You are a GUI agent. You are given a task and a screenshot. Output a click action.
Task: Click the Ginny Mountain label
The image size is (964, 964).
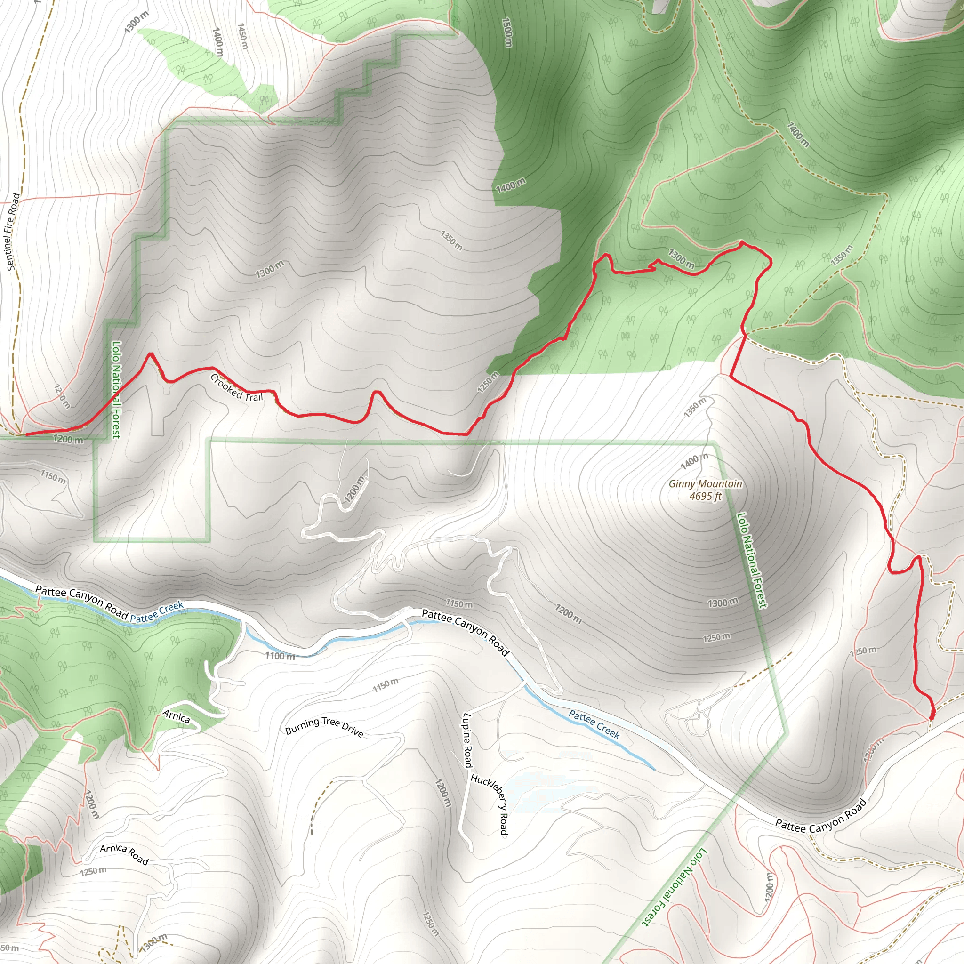click(x=705, y=483)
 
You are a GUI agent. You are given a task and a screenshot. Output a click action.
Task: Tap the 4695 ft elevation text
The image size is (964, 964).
click(x=705, y=496)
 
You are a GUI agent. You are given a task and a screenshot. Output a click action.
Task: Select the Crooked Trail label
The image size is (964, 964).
click(x=236, y=388)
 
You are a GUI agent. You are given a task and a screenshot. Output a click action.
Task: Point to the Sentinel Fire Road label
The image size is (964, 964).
click(x=13, y=232)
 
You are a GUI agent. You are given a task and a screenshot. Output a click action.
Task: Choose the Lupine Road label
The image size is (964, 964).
click(x=467, y=740)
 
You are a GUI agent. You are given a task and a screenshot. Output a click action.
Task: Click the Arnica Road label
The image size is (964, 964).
click(x=124, y=854)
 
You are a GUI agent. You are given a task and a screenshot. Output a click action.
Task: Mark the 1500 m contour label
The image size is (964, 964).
click(x=506, y=33)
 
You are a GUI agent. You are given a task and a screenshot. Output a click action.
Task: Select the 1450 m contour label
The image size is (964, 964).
click(x=242, y=36)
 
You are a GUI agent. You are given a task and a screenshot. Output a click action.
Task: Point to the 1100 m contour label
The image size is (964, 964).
click(x=280, y=656)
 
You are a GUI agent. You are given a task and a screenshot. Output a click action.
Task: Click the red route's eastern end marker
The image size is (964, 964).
click(x=932, y=716)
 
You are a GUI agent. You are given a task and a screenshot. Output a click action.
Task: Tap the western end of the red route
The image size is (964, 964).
click(x=26, y=434)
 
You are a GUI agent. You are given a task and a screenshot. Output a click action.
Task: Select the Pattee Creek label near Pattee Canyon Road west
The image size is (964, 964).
click(x=157, y=612)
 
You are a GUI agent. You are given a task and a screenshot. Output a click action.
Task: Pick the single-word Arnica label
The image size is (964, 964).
click(x=176, y=716)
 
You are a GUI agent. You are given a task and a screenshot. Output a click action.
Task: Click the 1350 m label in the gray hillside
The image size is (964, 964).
click(x=451, y=241)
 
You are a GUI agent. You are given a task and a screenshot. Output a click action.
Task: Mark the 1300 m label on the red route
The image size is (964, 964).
click(x=681, y=259)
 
